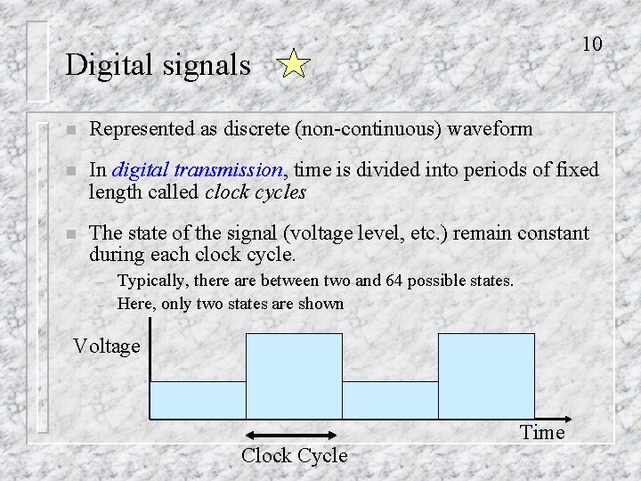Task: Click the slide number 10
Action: pyautogui.click(x=592, y=44)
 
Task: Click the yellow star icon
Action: pyautogui.click(x=293, y=66)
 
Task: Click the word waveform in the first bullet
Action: pyautogui.click(x=490, y=129)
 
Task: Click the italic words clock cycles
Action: pyautogui.click(x=256, y=192)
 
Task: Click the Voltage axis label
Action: pyautogui.click(x=107, y=346)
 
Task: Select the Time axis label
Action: pyautogui.click(x=542, y=433)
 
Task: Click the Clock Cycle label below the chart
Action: pyautogui.click(x=294, y=455)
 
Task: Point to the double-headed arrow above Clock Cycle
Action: pyautogui.click(x=293, y=435)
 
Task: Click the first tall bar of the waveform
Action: pyautogui.click(x=294, y=376)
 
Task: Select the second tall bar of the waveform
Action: pyautogui.click(x=486, y=376)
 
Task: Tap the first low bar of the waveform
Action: pyautogui.click(x=197, y=400)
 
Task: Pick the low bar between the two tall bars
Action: pyautogui.click(x=390, y=400)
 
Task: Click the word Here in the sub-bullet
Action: pyautogui.click(x=135, y=304)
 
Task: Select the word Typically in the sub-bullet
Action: pyautogui.click(x=153, y=281)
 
